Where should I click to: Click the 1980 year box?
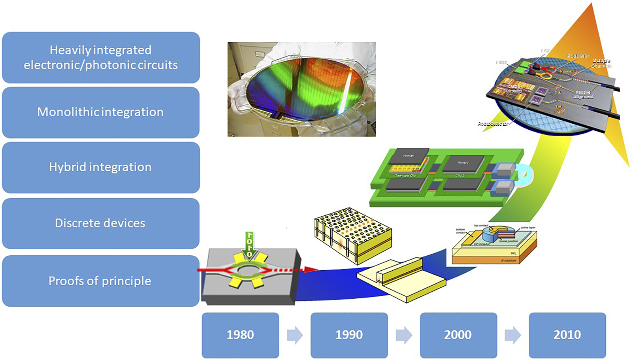pos(240,335)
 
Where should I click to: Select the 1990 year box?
pos(349,335)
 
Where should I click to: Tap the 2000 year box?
pos(458,335)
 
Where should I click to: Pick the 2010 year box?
pos(567,335)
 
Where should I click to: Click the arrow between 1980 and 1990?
pos(295,335)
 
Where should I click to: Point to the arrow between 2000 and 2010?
pos(512,335)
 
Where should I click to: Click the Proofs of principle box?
pos(100,281)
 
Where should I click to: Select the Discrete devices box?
pos(100,223)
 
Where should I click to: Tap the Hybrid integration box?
pos(100,167)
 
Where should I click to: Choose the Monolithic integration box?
pos(100,112)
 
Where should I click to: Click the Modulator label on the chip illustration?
pos(578,56)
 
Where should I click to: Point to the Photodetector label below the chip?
pos(492,124)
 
